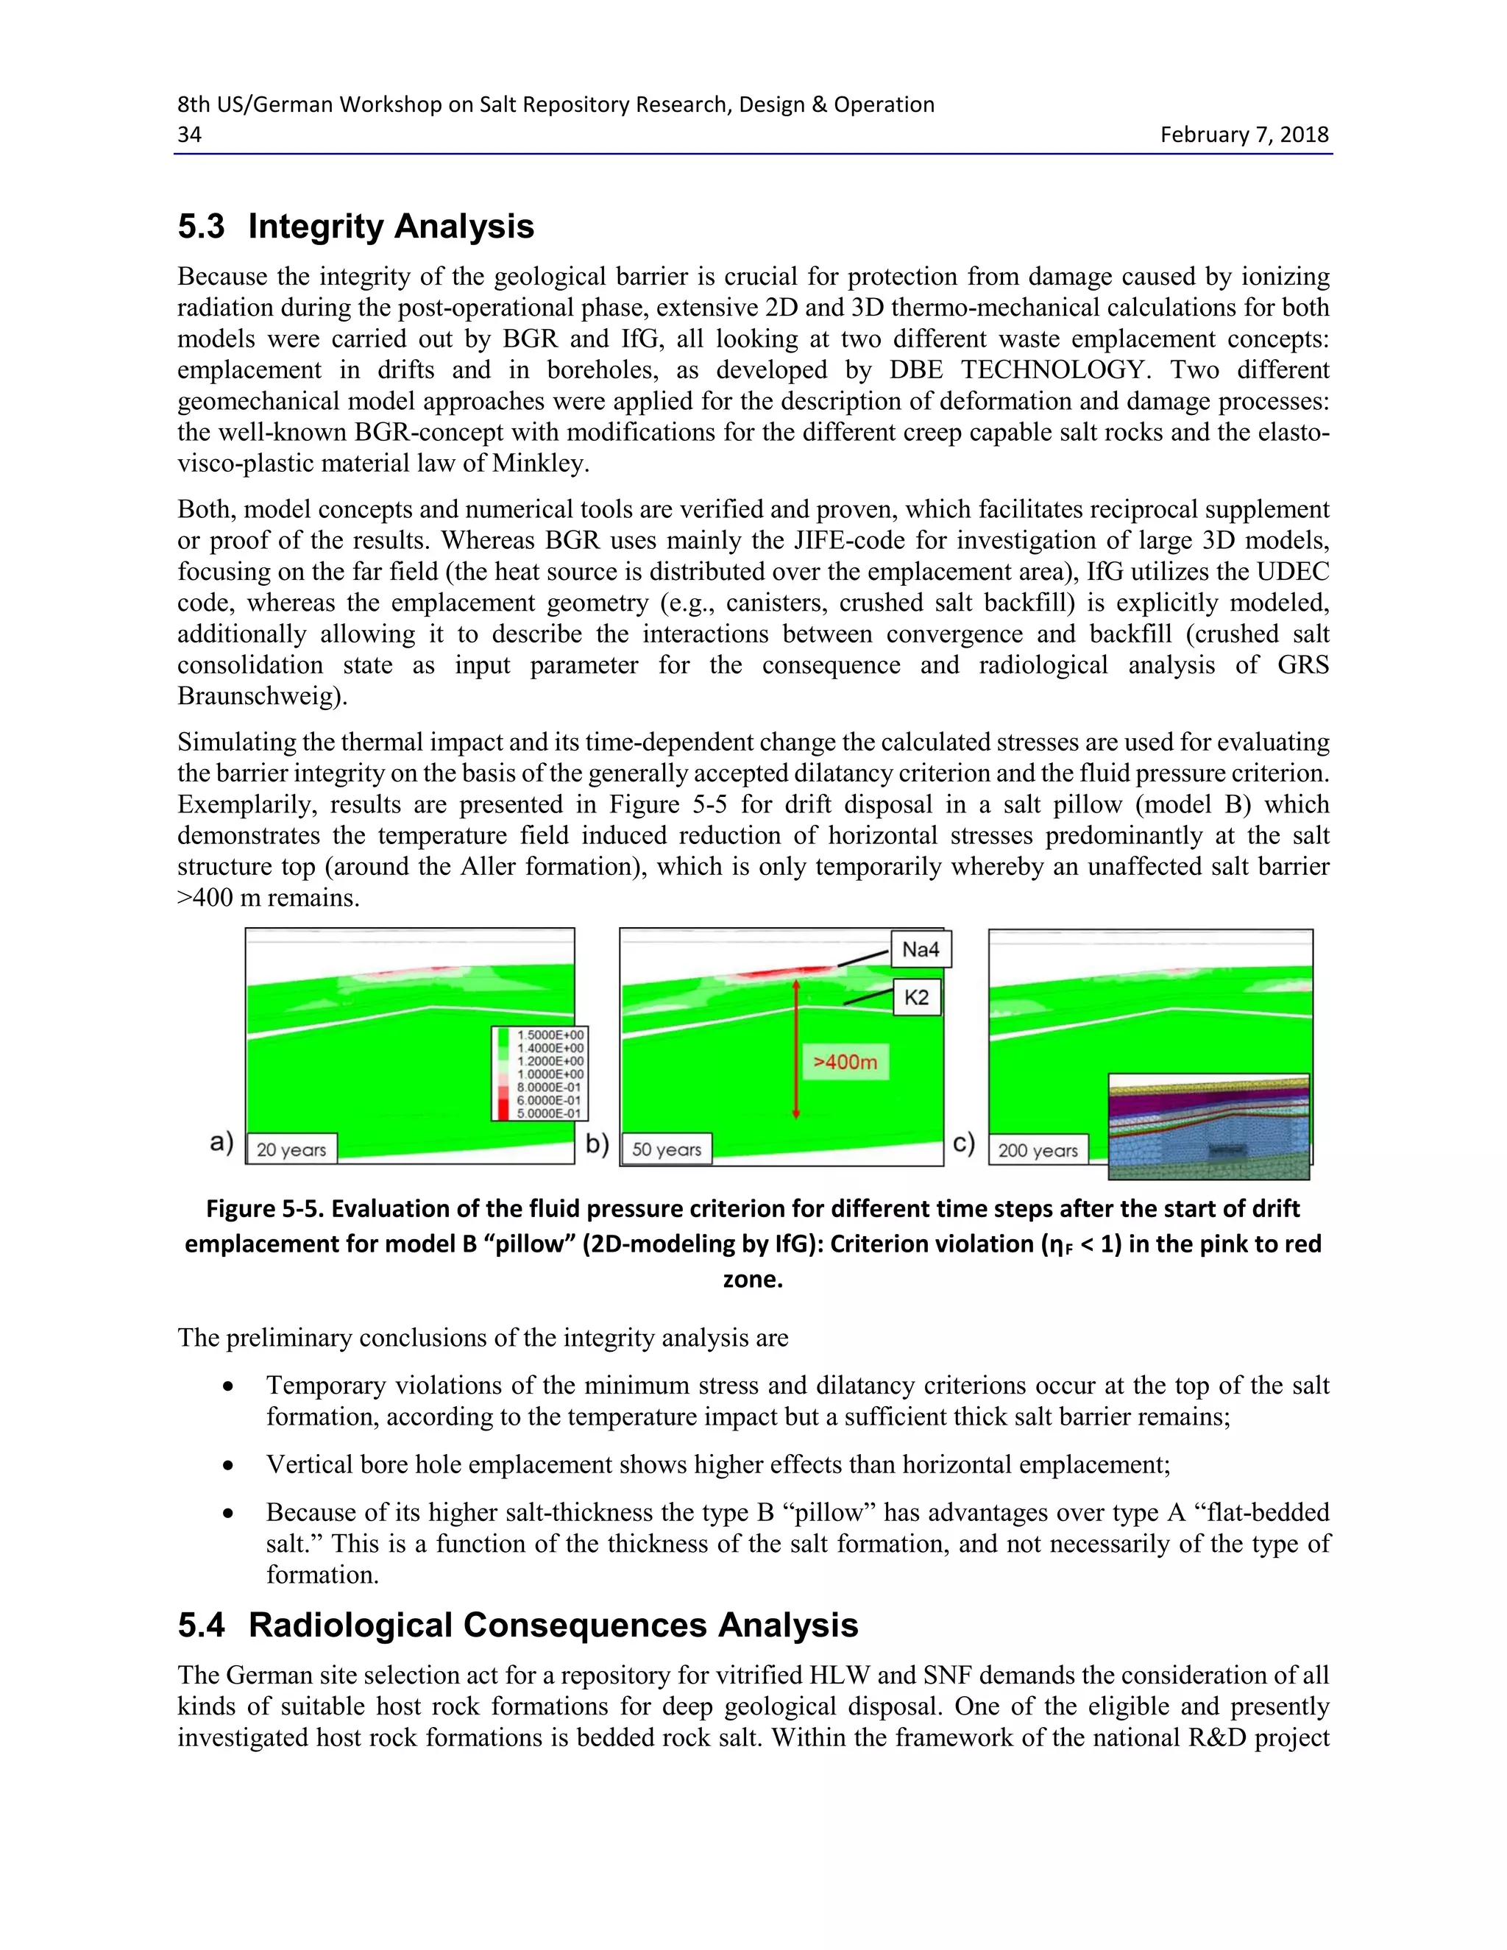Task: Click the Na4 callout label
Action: coord(921,949)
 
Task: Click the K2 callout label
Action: coord(917,997)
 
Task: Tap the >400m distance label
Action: coord(845,1062)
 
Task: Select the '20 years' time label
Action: coord(291,1149)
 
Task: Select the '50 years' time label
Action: coord(666,1149)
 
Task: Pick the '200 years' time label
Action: coord(1038,1150)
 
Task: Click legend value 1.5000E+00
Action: coord(550,1035)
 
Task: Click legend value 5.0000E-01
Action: coord(550,1113)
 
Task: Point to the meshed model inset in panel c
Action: coord(1208,1126)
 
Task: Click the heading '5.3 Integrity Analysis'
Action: coord(355,226)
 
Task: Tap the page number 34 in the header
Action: coord(189,134)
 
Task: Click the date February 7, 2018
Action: coord(1244,134)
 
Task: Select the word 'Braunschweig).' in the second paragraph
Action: coord(261,695)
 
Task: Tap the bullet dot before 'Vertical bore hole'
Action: coord(229,1465)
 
